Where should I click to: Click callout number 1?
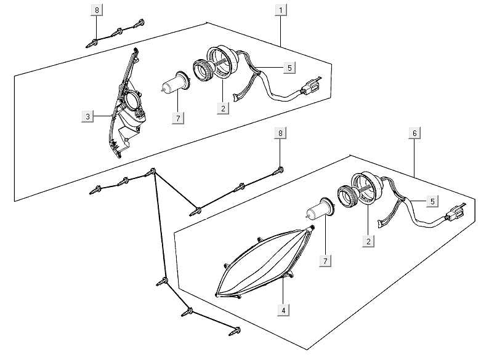[281, 10]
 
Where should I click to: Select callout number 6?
[414, 134]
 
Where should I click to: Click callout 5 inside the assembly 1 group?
[289, 67]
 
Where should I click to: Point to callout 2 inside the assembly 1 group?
[222, 108]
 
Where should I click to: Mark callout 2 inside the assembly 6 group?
[368, 242]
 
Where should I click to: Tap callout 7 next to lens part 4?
[324, 260]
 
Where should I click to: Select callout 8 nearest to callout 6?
[280, 134]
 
